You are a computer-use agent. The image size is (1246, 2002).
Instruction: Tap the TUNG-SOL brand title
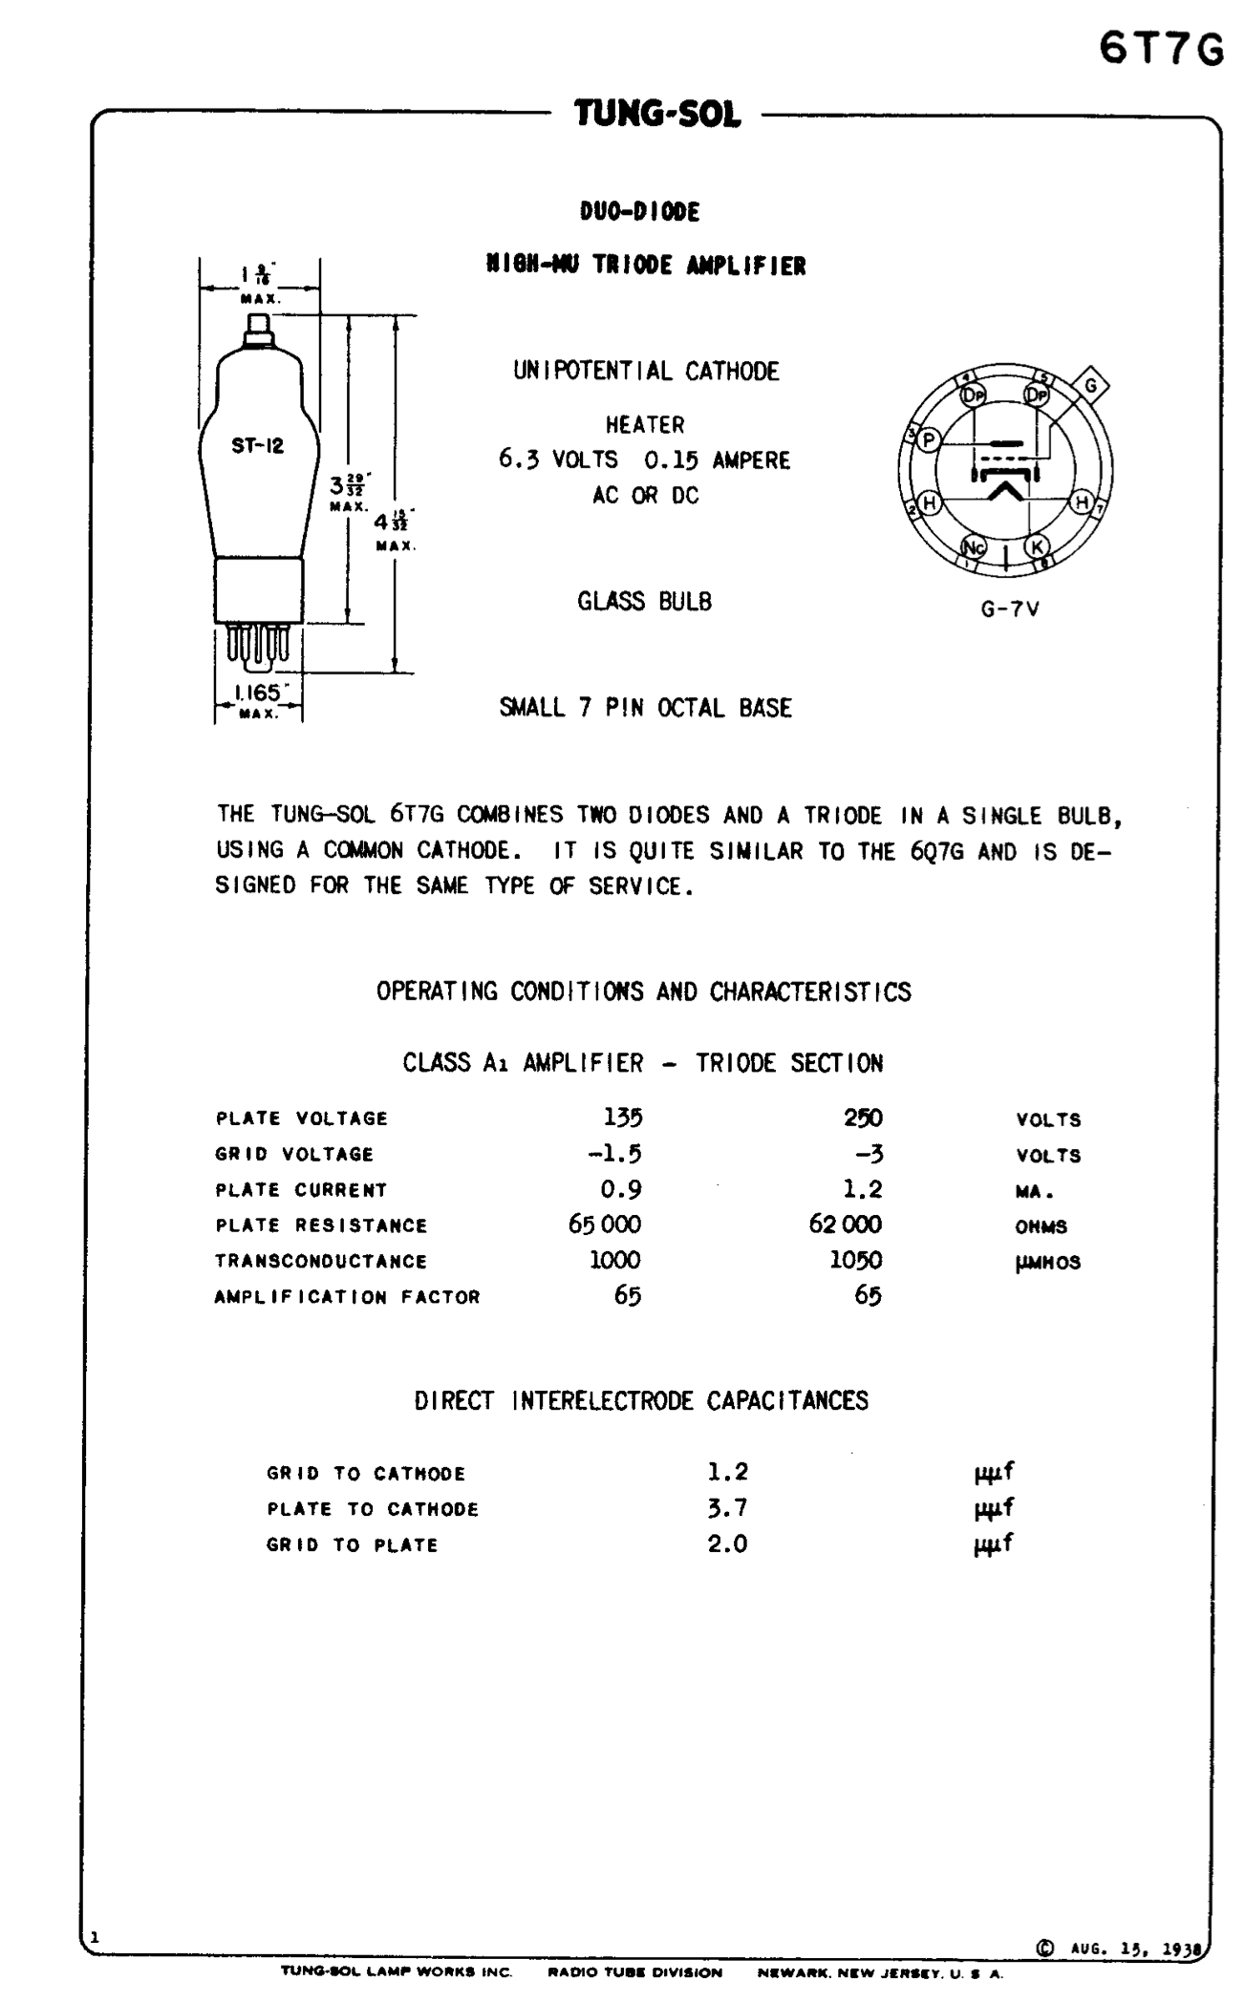657,115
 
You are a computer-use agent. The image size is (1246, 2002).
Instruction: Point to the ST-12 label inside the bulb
257,446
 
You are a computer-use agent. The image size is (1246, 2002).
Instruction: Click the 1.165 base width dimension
256,693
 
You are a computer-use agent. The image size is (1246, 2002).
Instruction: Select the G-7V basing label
1009,609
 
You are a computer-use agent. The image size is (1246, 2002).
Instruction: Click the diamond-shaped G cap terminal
1090,386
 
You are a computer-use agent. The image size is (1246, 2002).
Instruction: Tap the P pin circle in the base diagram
929,439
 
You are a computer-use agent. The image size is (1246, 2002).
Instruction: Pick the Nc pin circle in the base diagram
974,546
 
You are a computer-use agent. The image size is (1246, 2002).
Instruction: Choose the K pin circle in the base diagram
1036,546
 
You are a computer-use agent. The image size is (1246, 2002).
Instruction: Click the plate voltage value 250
863,1118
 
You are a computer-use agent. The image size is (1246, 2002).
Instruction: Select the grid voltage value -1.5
614,1154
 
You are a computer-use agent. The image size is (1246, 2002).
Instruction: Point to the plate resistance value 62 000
845,1225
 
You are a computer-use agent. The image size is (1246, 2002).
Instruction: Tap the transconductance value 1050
855,1260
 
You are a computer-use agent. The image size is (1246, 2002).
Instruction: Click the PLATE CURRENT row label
301,1190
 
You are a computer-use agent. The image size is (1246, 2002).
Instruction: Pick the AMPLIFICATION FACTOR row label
347,1297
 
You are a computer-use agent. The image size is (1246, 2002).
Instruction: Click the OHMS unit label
1041,1227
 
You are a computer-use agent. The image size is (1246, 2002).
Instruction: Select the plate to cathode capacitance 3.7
727,1508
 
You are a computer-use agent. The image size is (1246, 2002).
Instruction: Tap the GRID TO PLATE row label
352,1545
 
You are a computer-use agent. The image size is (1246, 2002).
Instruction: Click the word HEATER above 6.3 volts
644,424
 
